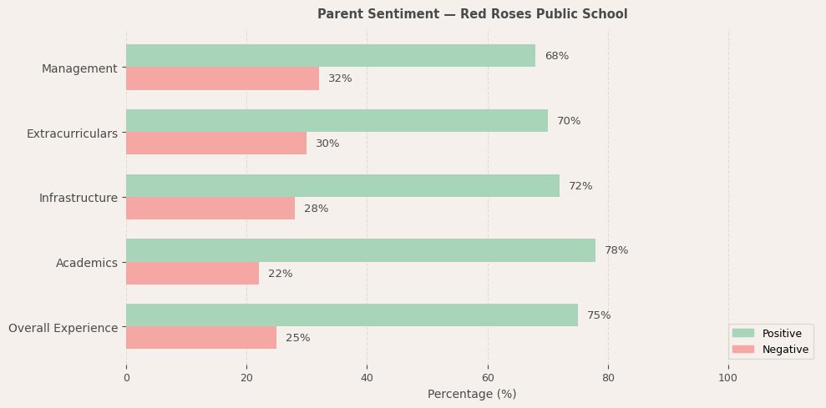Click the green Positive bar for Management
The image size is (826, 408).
pos(330,56)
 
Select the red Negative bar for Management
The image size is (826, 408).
pos(222,78)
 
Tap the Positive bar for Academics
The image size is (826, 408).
pos(360,250)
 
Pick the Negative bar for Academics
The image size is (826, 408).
pos(192,274)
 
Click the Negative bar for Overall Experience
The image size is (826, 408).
pos(200,338)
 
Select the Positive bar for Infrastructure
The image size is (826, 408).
pos(342,186)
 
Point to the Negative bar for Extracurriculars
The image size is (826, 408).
pos(215,144)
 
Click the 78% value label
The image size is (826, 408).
pos(616,250)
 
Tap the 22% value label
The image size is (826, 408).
pos(280,274)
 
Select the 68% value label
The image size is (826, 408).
pos(556,56)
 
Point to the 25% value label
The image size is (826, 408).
pos(297,338)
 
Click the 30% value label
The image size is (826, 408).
pos(327,144)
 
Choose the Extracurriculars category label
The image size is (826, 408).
pos(72,133)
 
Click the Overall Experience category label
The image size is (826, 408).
pos(63,328)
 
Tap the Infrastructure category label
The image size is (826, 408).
pos(79,198)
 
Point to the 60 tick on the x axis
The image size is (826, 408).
pos(488,377)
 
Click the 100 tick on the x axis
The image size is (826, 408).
pos(728,377)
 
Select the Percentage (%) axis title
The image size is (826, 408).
pos(472,394)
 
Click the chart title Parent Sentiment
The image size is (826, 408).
pos(472,14)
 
